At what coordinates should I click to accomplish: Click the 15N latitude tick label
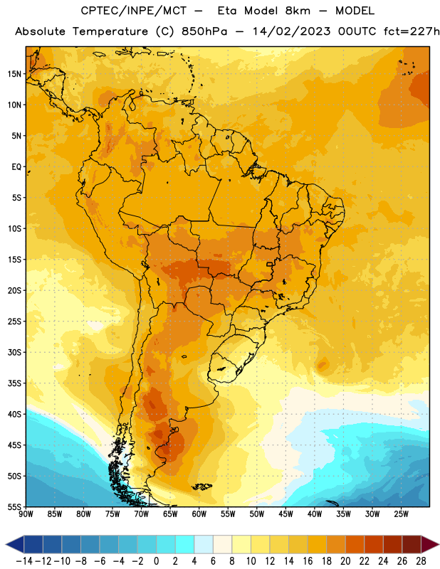(x=14, y=74)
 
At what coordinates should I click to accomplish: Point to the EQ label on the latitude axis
(x=16, y=167)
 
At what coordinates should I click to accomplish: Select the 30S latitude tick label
(x=14, y=352)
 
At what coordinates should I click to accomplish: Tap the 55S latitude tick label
(x=14, y=506)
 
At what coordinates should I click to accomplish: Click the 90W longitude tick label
(x=26, y=514)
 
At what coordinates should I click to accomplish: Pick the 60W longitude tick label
(x=199, y=514)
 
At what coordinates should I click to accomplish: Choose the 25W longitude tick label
(x=401, y=514)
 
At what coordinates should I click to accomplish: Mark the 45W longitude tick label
(x=286, y=514)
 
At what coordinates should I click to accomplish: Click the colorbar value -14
(x=24, y=561)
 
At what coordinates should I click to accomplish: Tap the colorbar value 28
(x=421, y=561)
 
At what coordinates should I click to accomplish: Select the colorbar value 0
(x=157, y=561)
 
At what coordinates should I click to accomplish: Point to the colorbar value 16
(x=308, y=561)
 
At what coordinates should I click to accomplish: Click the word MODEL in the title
(x=355, y=11)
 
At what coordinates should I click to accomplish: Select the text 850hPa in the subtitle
(x=204, y=31)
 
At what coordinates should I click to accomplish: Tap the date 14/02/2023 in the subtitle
(x=292, y=31)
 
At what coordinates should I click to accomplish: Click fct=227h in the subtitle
(x=412, y=31)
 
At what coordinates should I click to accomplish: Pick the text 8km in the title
(x=298, y=11)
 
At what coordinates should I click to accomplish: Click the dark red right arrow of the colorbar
(x=430, y=545)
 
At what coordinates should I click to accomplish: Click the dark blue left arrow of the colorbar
(x=15, y=545)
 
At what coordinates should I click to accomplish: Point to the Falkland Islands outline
(x=202, y=486)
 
